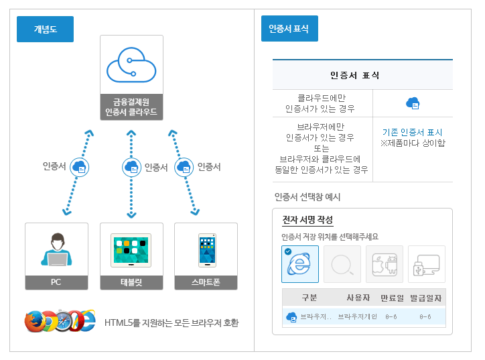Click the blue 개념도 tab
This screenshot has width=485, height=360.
45,29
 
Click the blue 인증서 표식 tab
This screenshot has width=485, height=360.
289,29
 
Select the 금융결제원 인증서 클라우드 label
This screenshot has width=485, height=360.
131,107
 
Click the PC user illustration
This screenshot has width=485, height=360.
56,249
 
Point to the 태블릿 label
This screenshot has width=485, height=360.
131,282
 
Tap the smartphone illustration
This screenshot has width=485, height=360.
206,249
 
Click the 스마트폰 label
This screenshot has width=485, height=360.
206,282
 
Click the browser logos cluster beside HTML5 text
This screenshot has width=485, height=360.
60,322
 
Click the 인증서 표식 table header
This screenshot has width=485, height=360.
362,74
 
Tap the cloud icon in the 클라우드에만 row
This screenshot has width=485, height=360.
413,103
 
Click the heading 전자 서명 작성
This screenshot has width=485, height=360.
307,220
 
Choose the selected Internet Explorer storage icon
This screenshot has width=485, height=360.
300,264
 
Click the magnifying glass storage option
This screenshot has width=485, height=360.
342,264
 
